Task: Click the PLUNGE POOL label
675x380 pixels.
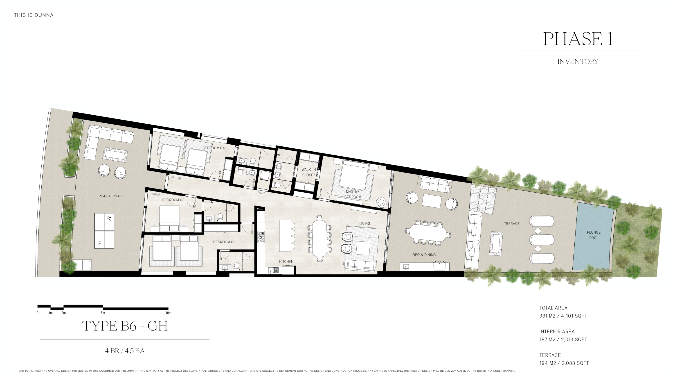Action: (x=594, y=235)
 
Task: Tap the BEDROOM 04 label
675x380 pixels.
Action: (x=213, y=148)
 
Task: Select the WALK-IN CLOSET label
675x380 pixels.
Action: (x=308, y=172)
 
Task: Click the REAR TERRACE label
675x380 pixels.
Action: (x=111, y=196)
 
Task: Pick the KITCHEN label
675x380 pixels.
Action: (x=286, y=262)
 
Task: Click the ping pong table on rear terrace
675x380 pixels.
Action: (x=104, y=231)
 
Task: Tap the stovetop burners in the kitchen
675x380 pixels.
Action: (x=261, y=237)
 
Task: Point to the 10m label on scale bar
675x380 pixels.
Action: (x=168, y=313)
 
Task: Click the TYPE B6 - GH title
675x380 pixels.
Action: (x=125, y=326)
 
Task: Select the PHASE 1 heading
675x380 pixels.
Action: (x=578, y=39)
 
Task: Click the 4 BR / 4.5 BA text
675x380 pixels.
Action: (x=125, y=351)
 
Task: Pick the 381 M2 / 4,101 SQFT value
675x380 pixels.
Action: (x=563, y=316)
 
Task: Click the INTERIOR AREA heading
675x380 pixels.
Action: (x=557, y=332)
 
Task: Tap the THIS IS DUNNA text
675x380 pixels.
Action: (x=34, y=15)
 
